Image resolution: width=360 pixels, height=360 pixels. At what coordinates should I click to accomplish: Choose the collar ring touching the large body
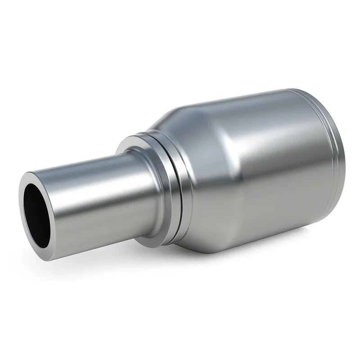coord(180,189)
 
